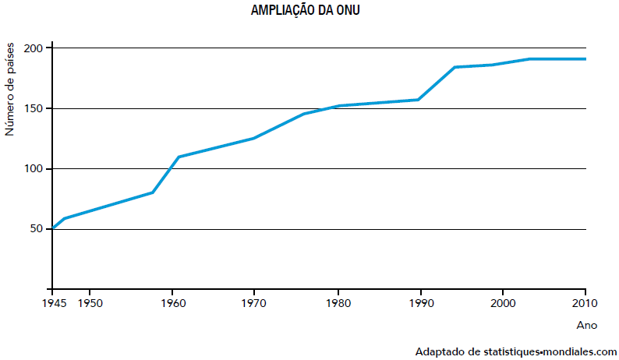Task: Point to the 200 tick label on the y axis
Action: (33, 48)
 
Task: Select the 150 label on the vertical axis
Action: (33, 108)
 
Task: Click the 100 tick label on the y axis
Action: (33, 169)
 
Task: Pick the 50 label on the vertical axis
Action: (36, 229)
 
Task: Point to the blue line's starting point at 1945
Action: (53, 228)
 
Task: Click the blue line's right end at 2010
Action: (585, 59)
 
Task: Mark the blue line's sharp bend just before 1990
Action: (419, 100)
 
